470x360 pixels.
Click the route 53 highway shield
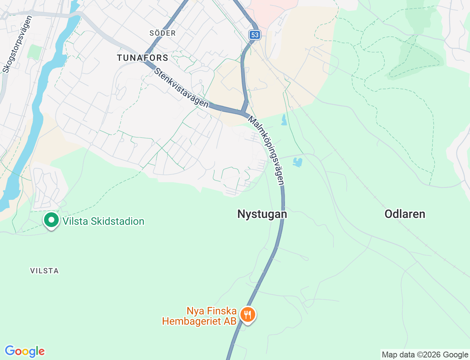254,35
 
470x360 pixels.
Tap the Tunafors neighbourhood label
142,58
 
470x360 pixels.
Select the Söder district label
163,33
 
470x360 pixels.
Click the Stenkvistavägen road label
181,88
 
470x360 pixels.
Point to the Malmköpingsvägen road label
267,151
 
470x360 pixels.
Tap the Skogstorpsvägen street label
17,44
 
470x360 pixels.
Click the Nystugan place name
262,214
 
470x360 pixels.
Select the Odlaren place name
405,214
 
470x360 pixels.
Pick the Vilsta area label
44,271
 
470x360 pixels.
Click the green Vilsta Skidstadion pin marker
51,220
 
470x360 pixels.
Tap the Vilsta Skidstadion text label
103,221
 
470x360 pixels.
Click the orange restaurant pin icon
248,315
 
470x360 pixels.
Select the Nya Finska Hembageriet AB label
200,316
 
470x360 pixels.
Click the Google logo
25,351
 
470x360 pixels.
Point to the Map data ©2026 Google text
425,354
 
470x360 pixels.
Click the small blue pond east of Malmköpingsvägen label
297,162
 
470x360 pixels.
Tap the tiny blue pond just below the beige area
284,120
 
